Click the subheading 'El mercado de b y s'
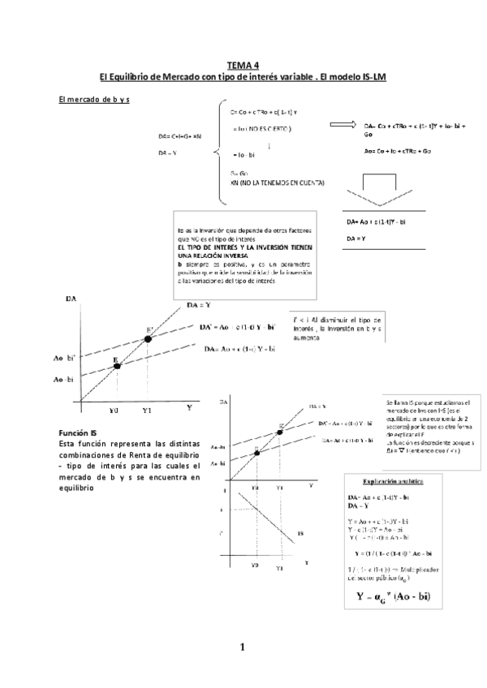coord(96,99)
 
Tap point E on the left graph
coord(118,366)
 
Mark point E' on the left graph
coord(148,338)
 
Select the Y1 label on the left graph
coord(147,411)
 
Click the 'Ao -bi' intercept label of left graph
coord(64,379)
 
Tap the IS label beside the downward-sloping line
coord(300,534)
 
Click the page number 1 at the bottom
coord(242,647)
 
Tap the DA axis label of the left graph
coord(71,299)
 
